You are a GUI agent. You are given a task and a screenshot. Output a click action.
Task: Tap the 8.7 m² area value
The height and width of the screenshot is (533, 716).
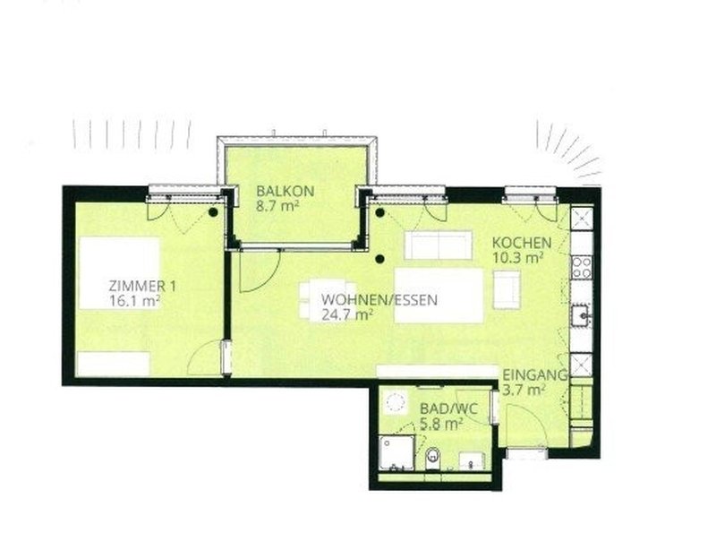(277, 206)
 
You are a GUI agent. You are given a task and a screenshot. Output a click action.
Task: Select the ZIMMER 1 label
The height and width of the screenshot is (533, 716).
(142, 287)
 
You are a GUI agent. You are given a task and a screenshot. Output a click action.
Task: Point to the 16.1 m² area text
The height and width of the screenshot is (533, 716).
(133, 301)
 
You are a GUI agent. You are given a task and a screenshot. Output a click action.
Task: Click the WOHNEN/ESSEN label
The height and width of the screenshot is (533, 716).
(379, 300)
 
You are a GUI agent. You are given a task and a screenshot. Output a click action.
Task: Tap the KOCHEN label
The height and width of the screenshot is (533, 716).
(522, 243)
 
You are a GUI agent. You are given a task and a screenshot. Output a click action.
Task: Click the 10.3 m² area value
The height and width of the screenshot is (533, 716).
(517, 257)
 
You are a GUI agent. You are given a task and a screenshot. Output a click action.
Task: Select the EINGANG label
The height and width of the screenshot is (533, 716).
(534, 375)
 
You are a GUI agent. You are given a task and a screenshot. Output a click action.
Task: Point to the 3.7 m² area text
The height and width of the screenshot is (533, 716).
(524, 390)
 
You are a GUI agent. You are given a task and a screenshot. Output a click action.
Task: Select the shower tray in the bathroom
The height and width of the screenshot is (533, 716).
(397, 453)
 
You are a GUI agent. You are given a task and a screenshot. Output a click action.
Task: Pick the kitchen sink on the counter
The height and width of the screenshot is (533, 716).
(582, 314)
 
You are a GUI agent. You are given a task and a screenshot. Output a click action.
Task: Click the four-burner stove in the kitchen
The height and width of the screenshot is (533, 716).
(582, 268)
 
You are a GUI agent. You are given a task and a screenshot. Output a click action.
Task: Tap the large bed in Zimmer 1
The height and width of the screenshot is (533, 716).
(119, 273)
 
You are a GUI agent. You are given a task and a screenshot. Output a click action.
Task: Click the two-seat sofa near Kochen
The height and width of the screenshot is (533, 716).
(438, 245)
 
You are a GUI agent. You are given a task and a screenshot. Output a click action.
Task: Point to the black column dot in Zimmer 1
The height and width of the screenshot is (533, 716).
(213, 212)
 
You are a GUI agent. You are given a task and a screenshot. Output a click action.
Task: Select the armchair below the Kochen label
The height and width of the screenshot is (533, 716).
(507, 290)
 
